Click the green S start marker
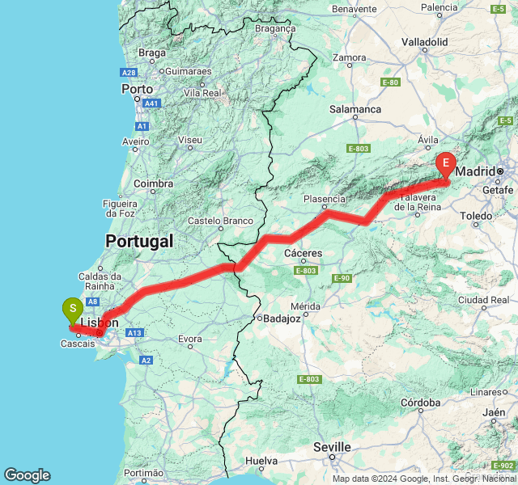point(73,309)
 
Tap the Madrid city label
point(475,171)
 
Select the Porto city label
point(138,89)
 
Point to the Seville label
point(333,447)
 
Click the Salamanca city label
point(355,109)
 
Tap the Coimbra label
point(154,183)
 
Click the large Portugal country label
point(139,241)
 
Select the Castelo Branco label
point(220,221)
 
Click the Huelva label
point(261,461)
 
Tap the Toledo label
point(475,216)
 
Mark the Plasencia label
point(325,199)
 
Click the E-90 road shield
point(342,278)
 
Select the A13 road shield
point(134,332)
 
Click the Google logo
point(27,475)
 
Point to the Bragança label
point(274,27)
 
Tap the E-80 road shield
point(390,82)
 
